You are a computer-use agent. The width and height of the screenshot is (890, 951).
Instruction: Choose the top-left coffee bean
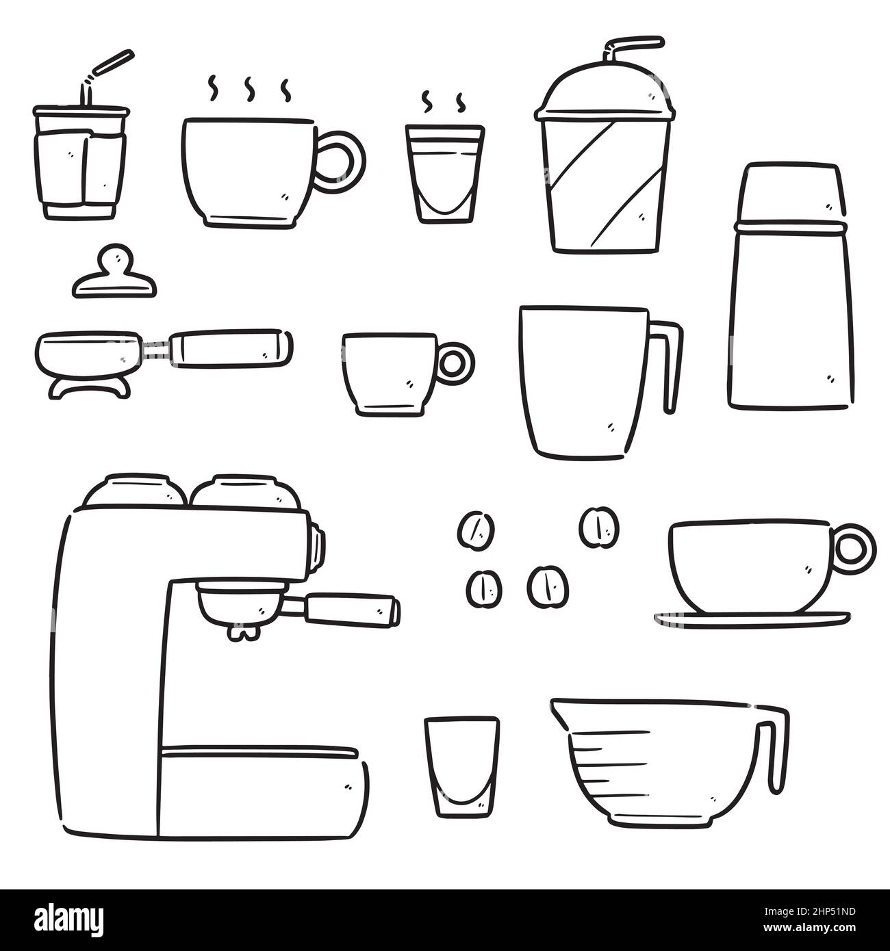point(476,530)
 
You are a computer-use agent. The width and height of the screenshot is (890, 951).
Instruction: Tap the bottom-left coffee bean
point(485,588)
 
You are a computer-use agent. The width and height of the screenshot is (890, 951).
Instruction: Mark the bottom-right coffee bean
point(548,585)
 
